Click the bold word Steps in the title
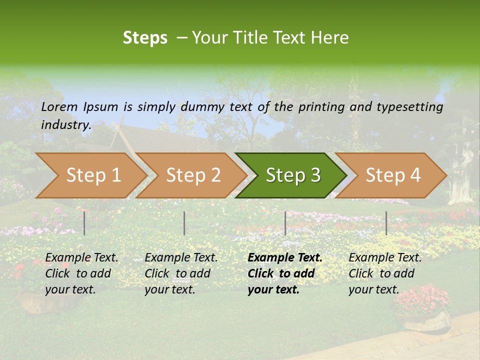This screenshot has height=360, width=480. point(145,38)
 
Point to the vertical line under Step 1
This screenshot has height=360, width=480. point(84,223)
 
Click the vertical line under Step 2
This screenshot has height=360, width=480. point(184,223)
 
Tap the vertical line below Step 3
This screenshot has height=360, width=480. point(285,223)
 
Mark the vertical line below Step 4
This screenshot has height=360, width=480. point(386,223)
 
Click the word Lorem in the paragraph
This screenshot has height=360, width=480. point(59,107)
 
